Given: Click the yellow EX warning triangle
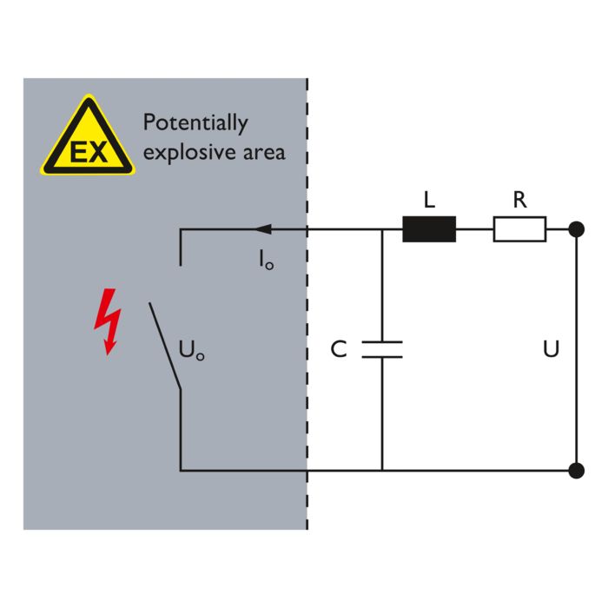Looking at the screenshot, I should [88, 139].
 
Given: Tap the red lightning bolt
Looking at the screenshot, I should [107, 322].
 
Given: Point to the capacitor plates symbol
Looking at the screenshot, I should [382, 349].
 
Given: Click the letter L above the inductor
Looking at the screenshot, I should [428, 201].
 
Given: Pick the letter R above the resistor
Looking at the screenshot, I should [519, 201].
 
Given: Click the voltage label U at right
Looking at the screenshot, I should [551, 350].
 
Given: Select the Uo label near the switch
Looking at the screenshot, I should [192, 351].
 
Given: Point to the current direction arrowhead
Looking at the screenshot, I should [261, 229].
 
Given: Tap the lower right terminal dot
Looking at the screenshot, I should [575, 471].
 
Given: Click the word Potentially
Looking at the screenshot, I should [195, 123].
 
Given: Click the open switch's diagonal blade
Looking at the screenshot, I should [164, 346].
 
